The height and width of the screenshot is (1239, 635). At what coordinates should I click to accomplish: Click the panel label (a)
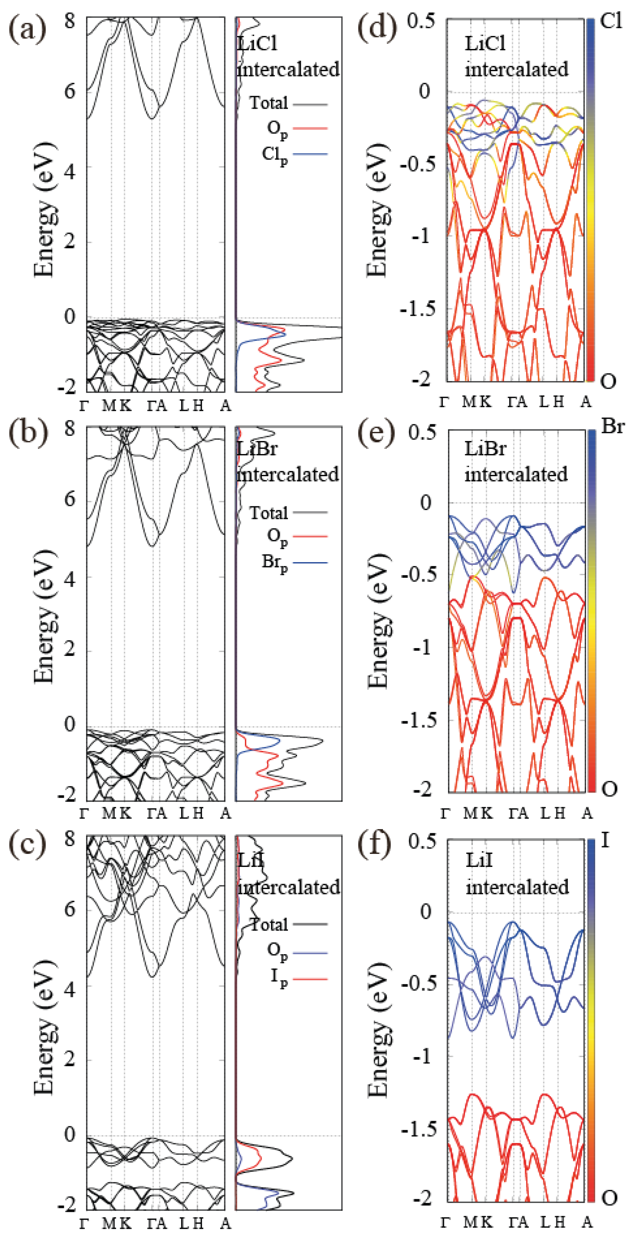27,30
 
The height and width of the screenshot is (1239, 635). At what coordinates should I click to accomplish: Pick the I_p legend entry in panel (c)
279,978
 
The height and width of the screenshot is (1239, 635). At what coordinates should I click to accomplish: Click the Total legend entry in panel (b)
269,513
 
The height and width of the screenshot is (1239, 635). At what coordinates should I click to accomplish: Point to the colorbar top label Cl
611,21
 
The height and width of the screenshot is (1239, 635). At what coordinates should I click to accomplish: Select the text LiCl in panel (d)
485,44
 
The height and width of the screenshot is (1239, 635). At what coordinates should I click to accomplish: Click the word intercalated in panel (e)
516,474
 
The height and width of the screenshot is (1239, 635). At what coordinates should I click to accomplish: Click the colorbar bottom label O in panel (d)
608,382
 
